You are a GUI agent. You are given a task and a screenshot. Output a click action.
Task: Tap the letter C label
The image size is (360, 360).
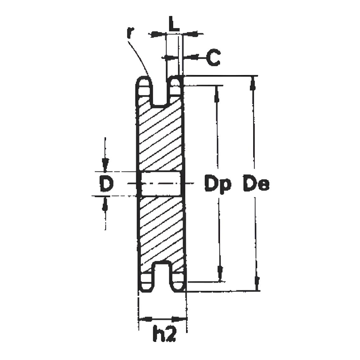213,58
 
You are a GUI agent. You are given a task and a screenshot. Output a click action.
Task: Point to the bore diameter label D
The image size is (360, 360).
107,183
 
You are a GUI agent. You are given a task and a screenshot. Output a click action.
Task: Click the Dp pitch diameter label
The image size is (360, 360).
218,184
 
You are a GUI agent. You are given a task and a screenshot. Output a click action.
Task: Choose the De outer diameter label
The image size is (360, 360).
256,184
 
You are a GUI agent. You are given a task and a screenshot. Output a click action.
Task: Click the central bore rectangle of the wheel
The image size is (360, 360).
161,183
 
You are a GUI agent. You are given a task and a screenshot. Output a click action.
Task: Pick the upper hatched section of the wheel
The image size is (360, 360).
161,135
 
